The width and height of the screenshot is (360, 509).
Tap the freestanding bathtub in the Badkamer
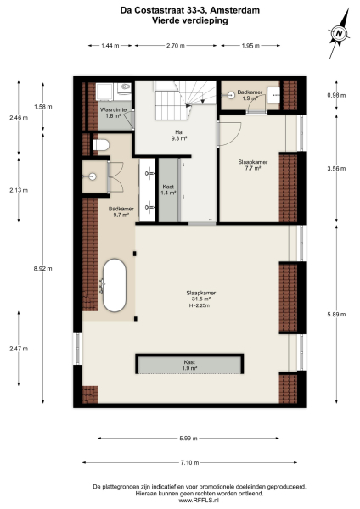115,286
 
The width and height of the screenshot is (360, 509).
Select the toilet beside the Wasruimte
99,147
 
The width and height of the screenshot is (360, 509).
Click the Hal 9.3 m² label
179,135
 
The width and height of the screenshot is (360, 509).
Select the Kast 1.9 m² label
189,365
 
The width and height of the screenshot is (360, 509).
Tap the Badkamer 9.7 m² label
118,212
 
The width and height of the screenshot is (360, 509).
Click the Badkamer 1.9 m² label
250,94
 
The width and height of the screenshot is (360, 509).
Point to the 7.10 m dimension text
189,462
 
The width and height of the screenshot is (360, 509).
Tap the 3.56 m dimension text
337,168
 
